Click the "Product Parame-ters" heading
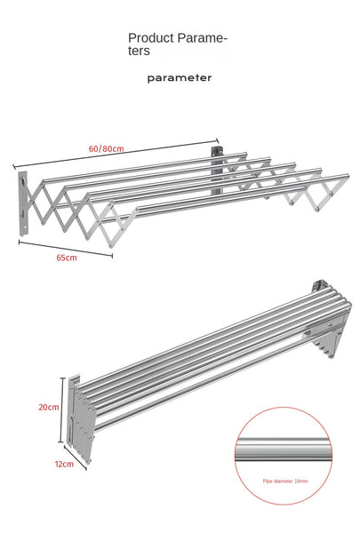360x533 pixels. [178, 44]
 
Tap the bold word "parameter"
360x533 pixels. [180, 77]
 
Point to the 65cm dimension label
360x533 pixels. [66, 258]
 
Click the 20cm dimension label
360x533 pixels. [48, 407]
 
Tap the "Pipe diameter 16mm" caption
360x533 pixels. [285, 480]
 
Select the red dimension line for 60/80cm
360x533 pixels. [116, 153]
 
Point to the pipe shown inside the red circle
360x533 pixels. [286, 449]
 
